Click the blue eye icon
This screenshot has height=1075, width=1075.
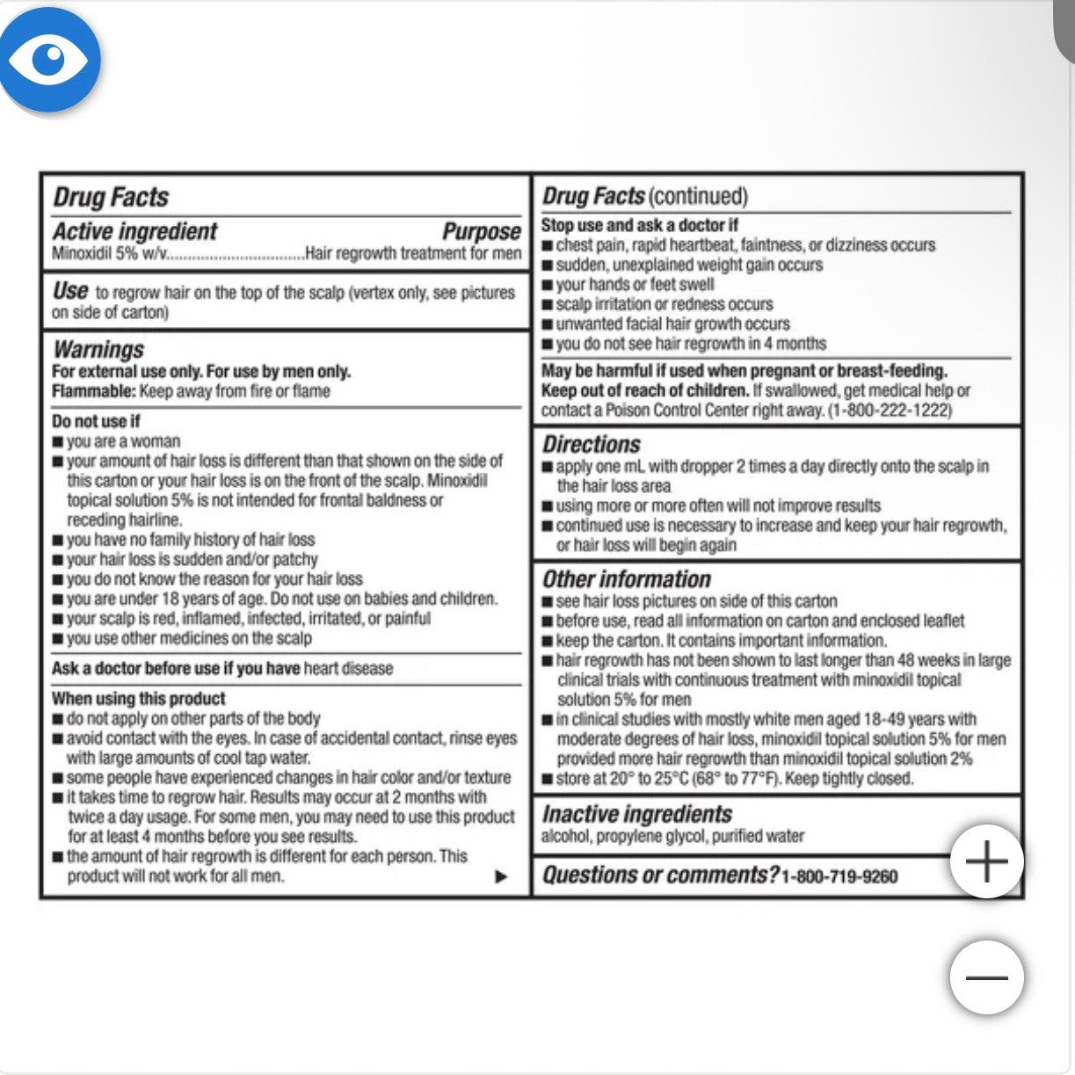coord(50,60)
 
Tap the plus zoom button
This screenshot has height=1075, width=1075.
coord(986,861)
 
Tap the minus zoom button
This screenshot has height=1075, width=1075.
coord(986,977)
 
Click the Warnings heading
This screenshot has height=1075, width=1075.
coord(98,349)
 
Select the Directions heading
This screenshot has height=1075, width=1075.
coord(592,445)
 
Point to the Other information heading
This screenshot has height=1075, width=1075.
coord(627,579)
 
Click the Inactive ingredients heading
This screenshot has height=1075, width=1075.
coord(637,814)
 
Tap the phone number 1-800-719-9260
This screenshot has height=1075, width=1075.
coord(839,876)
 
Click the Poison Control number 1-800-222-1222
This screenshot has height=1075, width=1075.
coord(890,410)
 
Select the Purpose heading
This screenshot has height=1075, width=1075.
coord(482,232)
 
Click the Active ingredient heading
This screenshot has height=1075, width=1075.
coord(134,232)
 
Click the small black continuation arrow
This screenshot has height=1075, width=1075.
coord(501,876)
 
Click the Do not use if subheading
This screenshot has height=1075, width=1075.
coord(96,421)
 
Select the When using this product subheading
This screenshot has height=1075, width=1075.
coord(139,699)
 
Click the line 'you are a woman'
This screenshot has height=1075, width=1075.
coord(123,441)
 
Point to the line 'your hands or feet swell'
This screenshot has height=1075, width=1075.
coord(635,285)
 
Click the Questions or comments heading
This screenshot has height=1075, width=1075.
coord(660,875)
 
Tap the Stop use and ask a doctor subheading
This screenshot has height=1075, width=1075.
coord(640,225)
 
